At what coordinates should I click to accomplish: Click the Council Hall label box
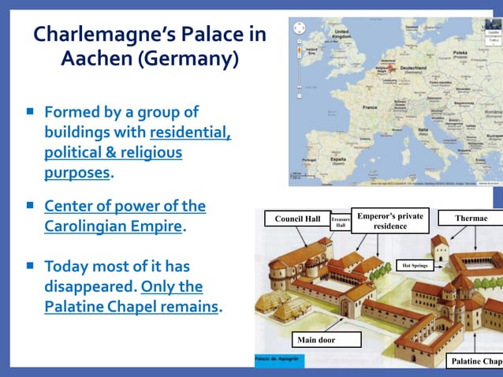tap(296, 218)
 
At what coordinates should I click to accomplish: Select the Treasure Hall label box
tap(341, 222)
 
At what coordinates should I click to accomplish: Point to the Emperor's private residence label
tap(390, 221)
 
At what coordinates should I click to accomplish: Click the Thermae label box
tap(471, 218)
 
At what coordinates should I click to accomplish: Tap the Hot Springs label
tap(415, 266)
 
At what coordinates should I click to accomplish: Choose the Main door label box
tap(326, 340)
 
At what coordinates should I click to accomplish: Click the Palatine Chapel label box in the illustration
tap(475, 361)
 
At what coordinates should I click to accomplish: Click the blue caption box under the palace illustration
tap(275, 360)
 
